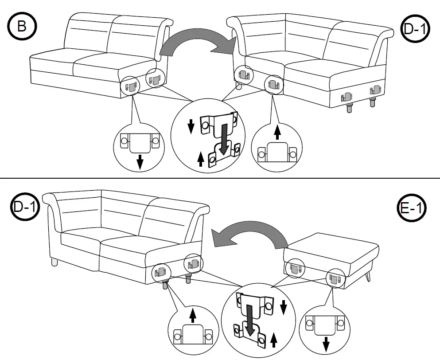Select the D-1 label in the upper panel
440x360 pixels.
(415, 30)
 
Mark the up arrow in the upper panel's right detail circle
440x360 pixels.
(277, 132)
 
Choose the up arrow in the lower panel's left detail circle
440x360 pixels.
(192, 315)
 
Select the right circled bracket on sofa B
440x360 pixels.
(155, 78)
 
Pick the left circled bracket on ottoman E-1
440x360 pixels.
(295, 267)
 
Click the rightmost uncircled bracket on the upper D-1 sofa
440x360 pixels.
(375, 91)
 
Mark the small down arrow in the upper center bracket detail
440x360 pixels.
(191, 126)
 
